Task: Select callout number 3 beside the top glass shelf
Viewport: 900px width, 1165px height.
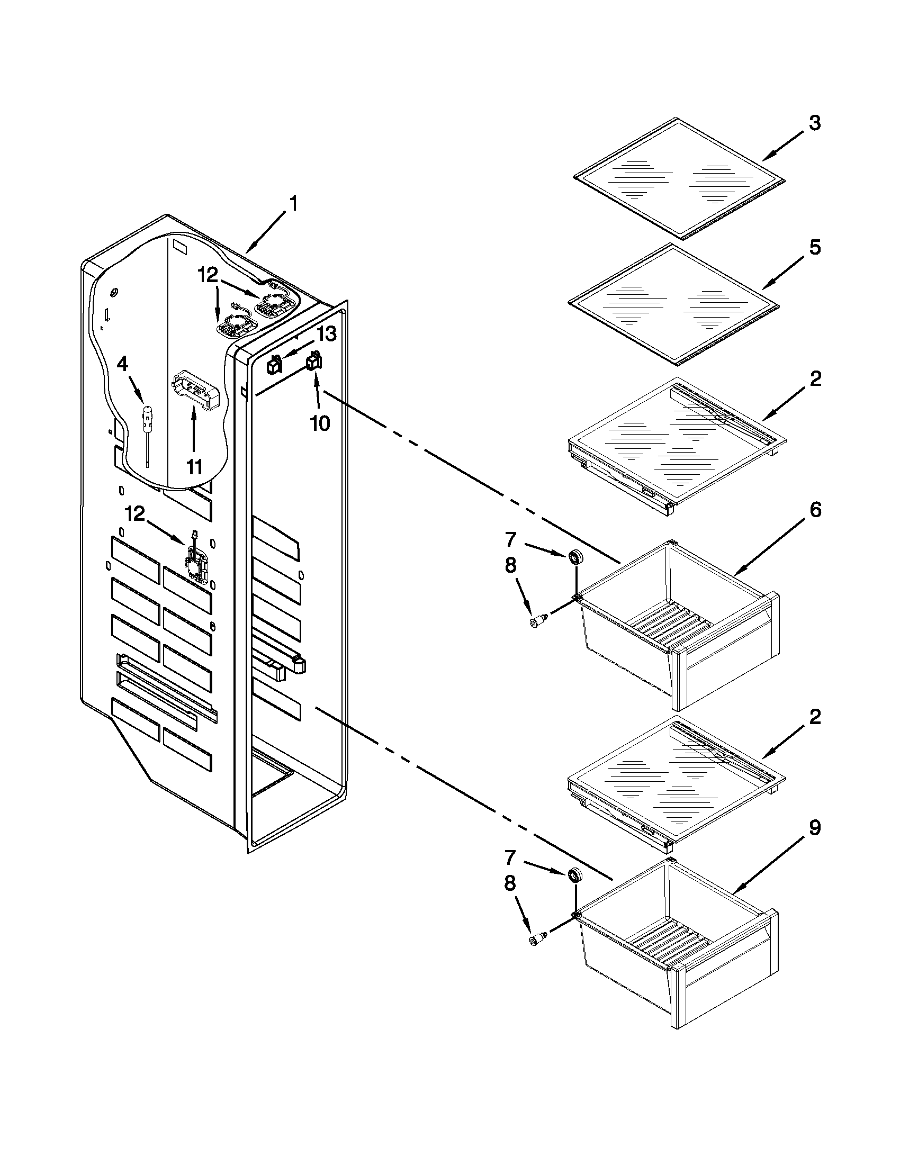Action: tap(814, 123)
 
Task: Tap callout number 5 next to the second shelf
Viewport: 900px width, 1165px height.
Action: tap(814, 248)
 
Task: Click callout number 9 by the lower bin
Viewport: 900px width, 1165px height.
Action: tap(814, 828)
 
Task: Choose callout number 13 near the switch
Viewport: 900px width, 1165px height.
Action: tap(327, 335)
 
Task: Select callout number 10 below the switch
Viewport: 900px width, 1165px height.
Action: tap(320, 423)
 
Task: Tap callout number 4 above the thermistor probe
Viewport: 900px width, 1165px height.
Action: tap(122, 364)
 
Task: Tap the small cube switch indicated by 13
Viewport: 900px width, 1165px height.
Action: tap(274, 365)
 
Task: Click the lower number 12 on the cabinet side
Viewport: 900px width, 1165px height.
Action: tap(135, 513)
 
